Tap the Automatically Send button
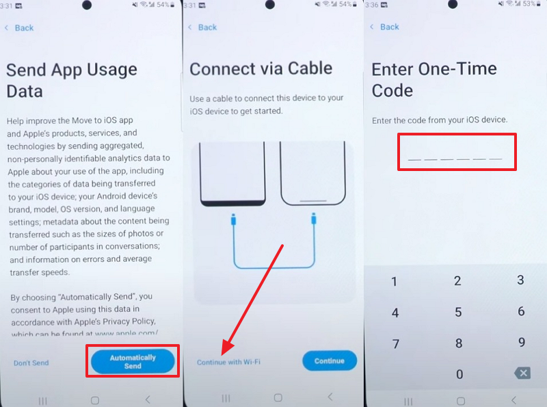click(133, 361)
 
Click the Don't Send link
click(31, 363)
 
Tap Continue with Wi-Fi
click(228, 362)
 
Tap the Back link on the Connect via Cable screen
click(202, 27)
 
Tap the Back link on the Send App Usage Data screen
click(20, 28)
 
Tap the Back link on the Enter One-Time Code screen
click(384, 27)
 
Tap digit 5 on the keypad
click(458, 312)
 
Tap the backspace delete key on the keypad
click(522, 373)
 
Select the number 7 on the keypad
click(395, 344)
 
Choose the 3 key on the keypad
click(520, 280)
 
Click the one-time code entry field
click(457, 152)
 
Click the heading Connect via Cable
click(261, 68)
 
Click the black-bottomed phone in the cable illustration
click(232, 174)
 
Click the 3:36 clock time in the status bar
click(372, 5)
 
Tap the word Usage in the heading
click(111, 70)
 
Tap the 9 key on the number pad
click(522, 342)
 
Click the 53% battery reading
click(529, 4)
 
